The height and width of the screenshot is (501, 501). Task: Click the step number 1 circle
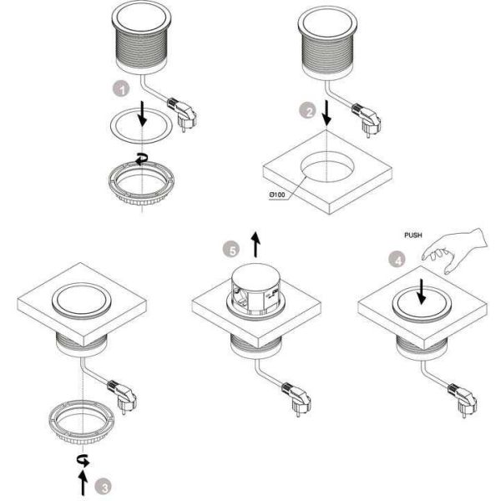click(122, 89)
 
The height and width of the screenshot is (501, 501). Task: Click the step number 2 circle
click(307, 111)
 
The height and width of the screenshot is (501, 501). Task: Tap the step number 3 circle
click(104, 488)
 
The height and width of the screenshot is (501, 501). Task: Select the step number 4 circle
click(397, 260)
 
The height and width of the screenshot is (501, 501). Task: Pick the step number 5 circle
click(231, 250)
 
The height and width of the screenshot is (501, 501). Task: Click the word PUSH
click(413, 235)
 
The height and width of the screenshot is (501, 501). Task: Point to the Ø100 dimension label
click(277, 195)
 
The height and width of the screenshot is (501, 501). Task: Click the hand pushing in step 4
click(455, 250)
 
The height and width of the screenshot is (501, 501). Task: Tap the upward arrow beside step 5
click(256, 244)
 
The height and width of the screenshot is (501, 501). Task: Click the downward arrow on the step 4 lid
click(422, 291)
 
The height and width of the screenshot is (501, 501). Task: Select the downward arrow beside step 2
click(326, 113)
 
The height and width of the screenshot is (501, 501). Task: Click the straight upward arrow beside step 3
click(83, 483)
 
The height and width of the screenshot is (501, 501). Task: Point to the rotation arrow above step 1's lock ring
click(142, 159)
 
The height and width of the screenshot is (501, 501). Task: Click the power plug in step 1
click(181, 114)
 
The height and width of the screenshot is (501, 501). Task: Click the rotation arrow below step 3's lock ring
click(83, 460)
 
